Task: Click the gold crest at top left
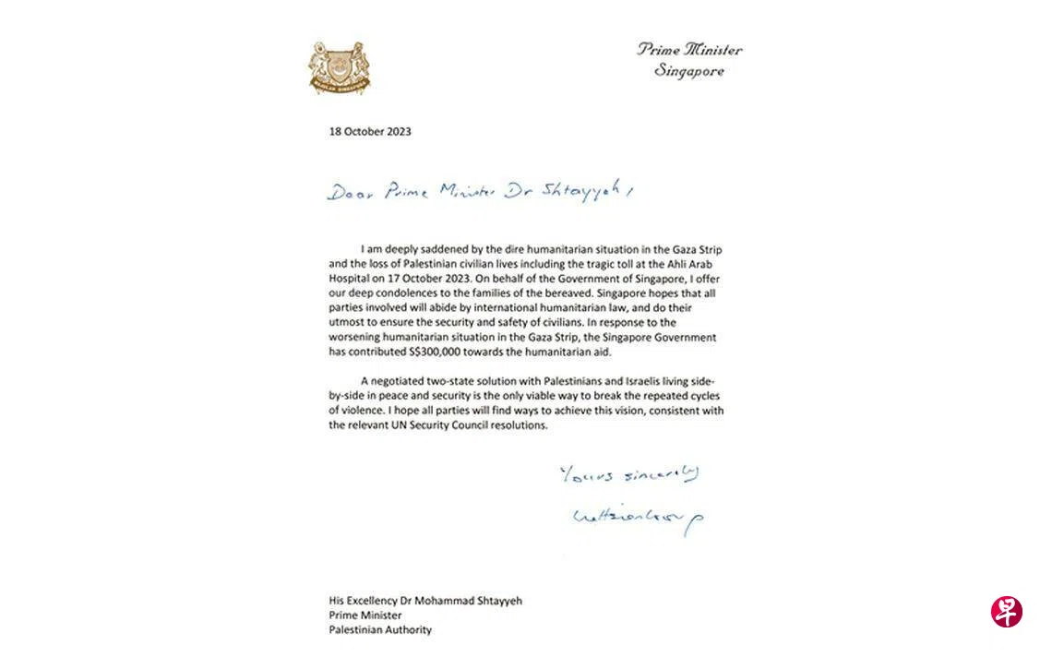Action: point(339,66)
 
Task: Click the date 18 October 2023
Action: point(370,131)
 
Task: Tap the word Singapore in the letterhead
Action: point(689,71)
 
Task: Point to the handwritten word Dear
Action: point(349,191)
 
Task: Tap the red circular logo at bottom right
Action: point(1006,612)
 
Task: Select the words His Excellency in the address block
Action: point(365,601)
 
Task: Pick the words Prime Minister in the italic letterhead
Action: point(689,50)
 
